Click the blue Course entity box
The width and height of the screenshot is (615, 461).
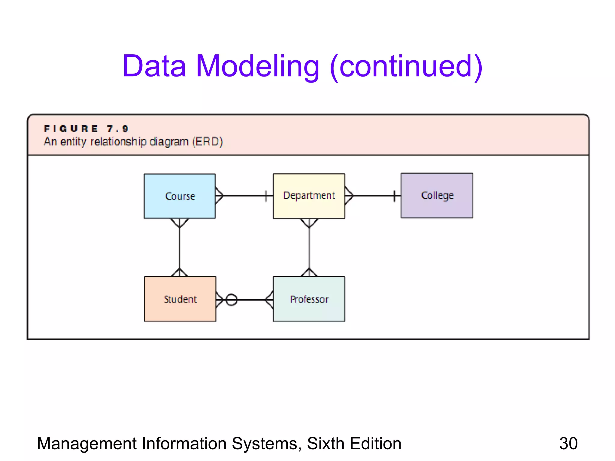pos(180,196)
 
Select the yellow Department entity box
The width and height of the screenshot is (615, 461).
pos(309,196)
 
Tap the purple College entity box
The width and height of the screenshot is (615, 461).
pos(437,195)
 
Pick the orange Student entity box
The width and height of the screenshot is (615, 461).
pos(180,299)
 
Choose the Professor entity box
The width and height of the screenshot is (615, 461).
pos(309,299)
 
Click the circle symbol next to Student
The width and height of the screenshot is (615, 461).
pos(231,300)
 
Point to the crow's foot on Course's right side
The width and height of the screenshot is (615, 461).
pos(219,196)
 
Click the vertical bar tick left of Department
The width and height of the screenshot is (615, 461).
pos(266,196)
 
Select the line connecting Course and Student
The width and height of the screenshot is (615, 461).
pos(179,248)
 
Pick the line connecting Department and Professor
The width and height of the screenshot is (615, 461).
pos(309,248)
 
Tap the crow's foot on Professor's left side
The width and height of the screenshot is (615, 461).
pos(270,300)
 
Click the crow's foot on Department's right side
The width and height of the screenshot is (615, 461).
pos(349,196)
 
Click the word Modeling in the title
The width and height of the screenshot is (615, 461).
pos(258,66)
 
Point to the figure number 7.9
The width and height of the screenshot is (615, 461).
pos(118,129)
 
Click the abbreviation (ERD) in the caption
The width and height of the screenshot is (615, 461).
pos(208,141)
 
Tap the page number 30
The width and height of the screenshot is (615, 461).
pos(568,443)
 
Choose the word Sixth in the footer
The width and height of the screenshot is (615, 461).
pos(326,443)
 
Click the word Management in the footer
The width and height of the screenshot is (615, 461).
pos(86,443)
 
